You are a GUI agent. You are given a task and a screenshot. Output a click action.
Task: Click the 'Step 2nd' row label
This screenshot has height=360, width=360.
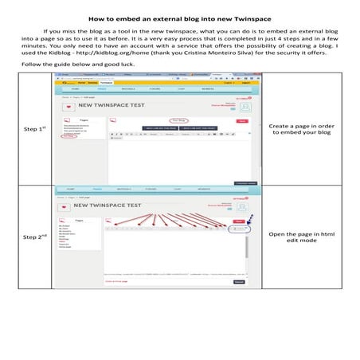35,237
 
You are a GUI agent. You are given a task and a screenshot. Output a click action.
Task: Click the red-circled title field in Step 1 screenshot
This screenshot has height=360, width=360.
182,120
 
